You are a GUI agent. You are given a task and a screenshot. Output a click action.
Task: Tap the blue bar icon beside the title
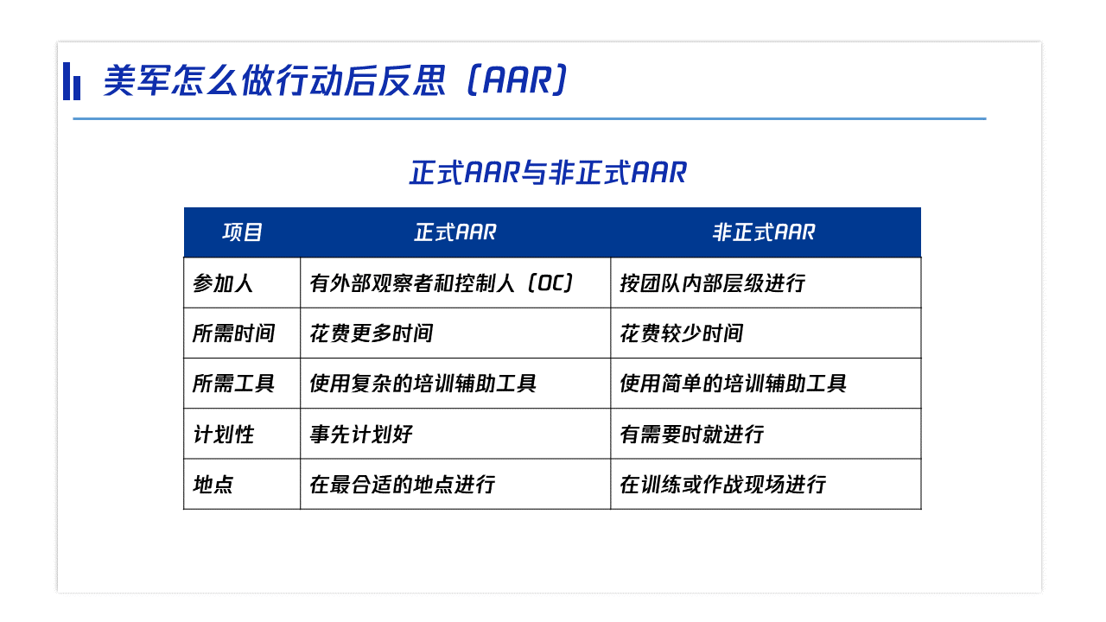pyautogui.click(x=72, y=81)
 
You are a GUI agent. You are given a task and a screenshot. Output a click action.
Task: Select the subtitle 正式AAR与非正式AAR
pyautogui.click(x=548, y=173)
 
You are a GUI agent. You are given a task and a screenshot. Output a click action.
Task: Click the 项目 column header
pyautogui.click(x=242, y=232)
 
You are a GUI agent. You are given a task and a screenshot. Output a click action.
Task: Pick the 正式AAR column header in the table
pyautogui.click(x=455, y=232)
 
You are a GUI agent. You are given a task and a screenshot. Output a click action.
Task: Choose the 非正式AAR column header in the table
pyautogui.click(x=764, y=232)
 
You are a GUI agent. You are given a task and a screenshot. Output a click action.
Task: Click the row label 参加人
pyautogui.click(x=223, y=283)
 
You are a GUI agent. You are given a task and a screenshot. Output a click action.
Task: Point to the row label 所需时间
pyautogui.click(x=233, y=333)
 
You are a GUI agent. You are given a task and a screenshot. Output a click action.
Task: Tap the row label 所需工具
pyautogui.click(x=233, y=384)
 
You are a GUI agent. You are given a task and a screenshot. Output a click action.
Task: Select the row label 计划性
pyautogui.click(x=223, y=435)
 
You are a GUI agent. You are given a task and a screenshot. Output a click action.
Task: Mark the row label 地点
pyautogui.click(x=213, y=485)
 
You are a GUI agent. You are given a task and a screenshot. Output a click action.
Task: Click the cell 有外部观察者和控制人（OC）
pyautogui.click(x=442, y=283)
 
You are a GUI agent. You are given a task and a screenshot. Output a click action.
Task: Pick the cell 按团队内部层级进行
pyautogui.click(x=713, y=283)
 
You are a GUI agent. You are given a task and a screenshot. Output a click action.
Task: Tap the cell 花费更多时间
pyautogui.click(x=372, y=333)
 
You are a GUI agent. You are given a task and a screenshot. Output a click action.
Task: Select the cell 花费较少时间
pyautogui.click(x=682, y=333)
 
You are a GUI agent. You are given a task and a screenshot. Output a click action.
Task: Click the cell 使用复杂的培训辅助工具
pyautogui.click(x=423, y=384)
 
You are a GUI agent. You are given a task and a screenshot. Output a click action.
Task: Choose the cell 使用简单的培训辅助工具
pyautogui.click(x=734, y=384)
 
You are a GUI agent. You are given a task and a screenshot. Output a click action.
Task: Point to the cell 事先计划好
pyautogui.click(x=361, y=435)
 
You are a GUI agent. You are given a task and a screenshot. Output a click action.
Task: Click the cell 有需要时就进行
pyautogui.click(x=692, y=435)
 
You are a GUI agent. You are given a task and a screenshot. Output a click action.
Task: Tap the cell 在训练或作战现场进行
pyautogui.click(x=723, y=485)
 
